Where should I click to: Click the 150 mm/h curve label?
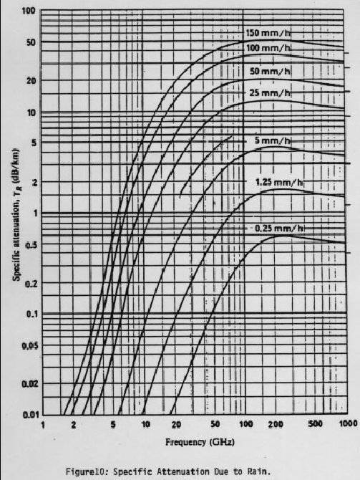tap(268, 34)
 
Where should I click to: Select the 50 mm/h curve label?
tap(270, 72)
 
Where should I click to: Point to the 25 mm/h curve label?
tap(270, 92)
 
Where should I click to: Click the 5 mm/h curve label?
tap(272, 140)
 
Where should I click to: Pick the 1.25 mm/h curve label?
tap(279, 183)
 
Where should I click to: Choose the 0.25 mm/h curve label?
tap(279, 229)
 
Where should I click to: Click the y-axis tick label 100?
tap(29, 11)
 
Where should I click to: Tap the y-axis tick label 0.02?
tap(29, 383)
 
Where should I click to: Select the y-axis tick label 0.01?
tap(30, 415)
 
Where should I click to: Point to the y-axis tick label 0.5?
tap(31, 245)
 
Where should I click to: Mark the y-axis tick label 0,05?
tap(29, 346)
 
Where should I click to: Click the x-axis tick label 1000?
tap(348, 423)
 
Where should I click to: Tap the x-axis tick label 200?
tap(276, 424)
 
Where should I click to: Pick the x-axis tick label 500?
tap(315, 423)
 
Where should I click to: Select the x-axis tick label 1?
tap(43, 426)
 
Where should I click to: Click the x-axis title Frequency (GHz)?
tap(200, 442)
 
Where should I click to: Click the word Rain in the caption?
tap(263, 471)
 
